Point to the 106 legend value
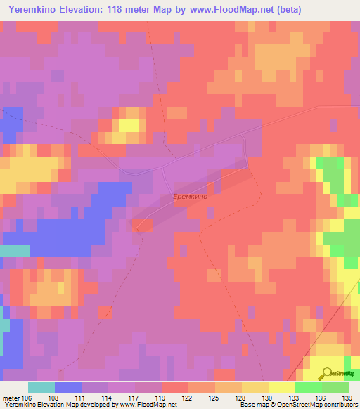point(27,397)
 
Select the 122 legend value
point(188,397)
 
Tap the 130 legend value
point(268,397)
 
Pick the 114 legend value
point(108,397)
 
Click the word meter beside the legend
point(11,397)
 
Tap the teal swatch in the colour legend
point(41,387)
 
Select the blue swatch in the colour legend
point(67,387)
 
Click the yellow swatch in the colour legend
point(281,387)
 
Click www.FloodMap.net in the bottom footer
point(147,405)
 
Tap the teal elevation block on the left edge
point(15,251)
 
